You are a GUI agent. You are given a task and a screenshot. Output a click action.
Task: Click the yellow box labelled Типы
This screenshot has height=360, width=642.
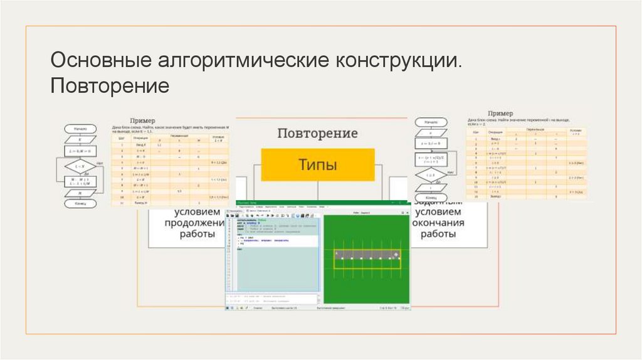[317, 165]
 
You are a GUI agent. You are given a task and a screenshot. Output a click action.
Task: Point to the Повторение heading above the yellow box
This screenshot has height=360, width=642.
[317, 134]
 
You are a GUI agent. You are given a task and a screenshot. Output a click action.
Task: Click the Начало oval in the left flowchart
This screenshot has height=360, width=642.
[80, 128]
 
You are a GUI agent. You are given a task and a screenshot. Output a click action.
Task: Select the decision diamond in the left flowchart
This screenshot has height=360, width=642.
[80, 166]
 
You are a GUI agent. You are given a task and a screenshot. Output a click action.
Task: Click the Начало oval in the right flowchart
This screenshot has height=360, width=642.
[431, 121]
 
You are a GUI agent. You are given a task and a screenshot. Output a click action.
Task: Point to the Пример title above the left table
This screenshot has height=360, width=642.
[142, 120]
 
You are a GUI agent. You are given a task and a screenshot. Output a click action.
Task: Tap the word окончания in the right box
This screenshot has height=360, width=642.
[438, 222]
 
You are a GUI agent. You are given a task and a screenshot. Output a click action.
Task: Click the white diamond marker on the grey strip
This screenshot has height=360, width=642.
[396, 254]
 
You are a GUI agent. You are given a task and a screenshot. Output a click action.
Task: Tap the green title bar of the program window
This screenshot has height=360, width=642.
[317, 203]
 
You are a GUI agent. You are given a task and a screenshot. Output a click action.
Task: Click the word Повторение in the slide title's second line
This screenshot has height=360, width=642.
[110, 85]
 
